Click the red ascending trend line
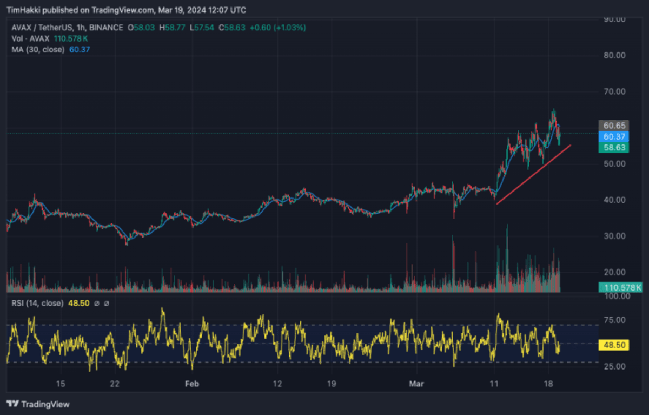click(533, 175)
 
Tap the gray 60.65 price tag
click(614, 126)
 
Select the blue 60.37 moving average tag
click(614, 136)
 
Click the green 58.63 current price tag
click(614, 148)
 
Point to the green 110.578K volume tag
click(621, 287)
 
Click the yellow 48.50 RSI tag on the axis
click(614, 345)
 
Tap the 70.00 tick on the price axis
click(614, 91)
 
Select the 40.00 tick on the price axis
click(614, 200)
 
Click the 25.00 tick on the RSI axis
click(614, 367)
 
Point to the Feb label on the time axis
click(192, 384)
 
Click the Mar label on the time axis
click(416, 384)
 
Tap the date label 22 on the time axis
click(115, 384)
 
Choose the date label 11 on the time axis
click(494, 384)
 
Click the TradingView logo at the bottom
click(38, 404)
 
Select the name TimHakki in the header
click(24, 10)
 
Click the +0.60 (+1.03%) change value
click(277, 28)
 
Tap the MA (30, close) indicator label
click(38, 50)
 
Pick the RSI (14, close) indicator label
click(37, 304)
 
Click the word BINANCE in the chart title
click(106, 28)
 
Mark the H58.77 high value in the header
click(172, 28)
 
